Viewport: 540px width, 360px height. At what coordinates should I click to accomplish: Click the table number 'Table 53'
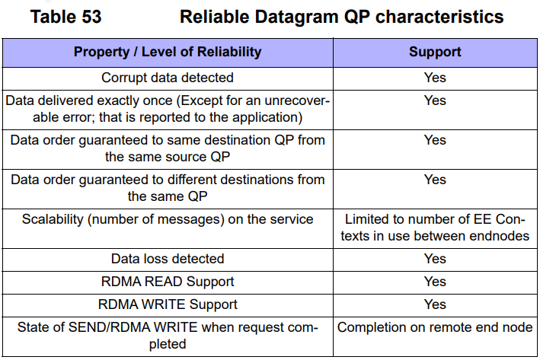66,17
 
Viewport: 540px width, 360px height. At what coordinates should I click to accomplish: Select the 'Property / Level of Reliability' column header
168,52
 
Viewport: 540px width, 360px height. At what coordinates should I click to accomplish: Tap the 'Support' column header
435,52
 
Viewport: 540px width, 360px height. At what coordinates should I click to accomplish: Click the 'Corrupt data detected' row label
168,78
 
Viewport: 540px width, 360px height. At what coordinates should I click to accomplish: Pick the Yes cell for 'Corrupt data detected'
435,78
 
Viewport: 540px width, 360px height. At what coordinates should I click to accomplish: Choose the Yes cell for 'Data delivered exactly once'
435,100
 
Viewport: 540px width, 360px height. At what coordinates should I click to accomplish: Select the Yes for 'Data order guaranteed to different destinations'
435,180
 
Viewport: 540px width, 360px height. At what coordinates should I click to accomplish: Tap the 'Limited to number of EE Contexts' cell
435,228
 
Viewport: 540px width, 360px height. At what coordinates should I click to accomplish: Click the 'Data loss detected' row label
168,259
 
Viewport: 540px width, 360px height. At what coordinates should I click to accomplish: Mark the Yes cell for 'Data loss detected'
435,259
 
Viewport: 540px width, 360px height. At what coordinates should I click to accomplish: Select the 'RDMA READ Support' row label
168,282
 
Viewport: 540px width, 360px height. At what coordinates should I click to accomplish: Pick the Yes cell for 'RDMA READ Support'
435,282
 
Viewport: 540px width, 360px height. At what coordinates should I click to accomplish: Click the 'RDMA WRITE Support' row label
168,304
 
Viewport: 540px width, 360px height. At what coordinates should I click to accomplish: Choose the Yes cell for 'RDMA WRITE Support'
435,304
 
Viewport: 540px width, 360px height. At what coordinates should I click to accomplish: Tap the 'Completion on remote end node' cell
435,327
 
